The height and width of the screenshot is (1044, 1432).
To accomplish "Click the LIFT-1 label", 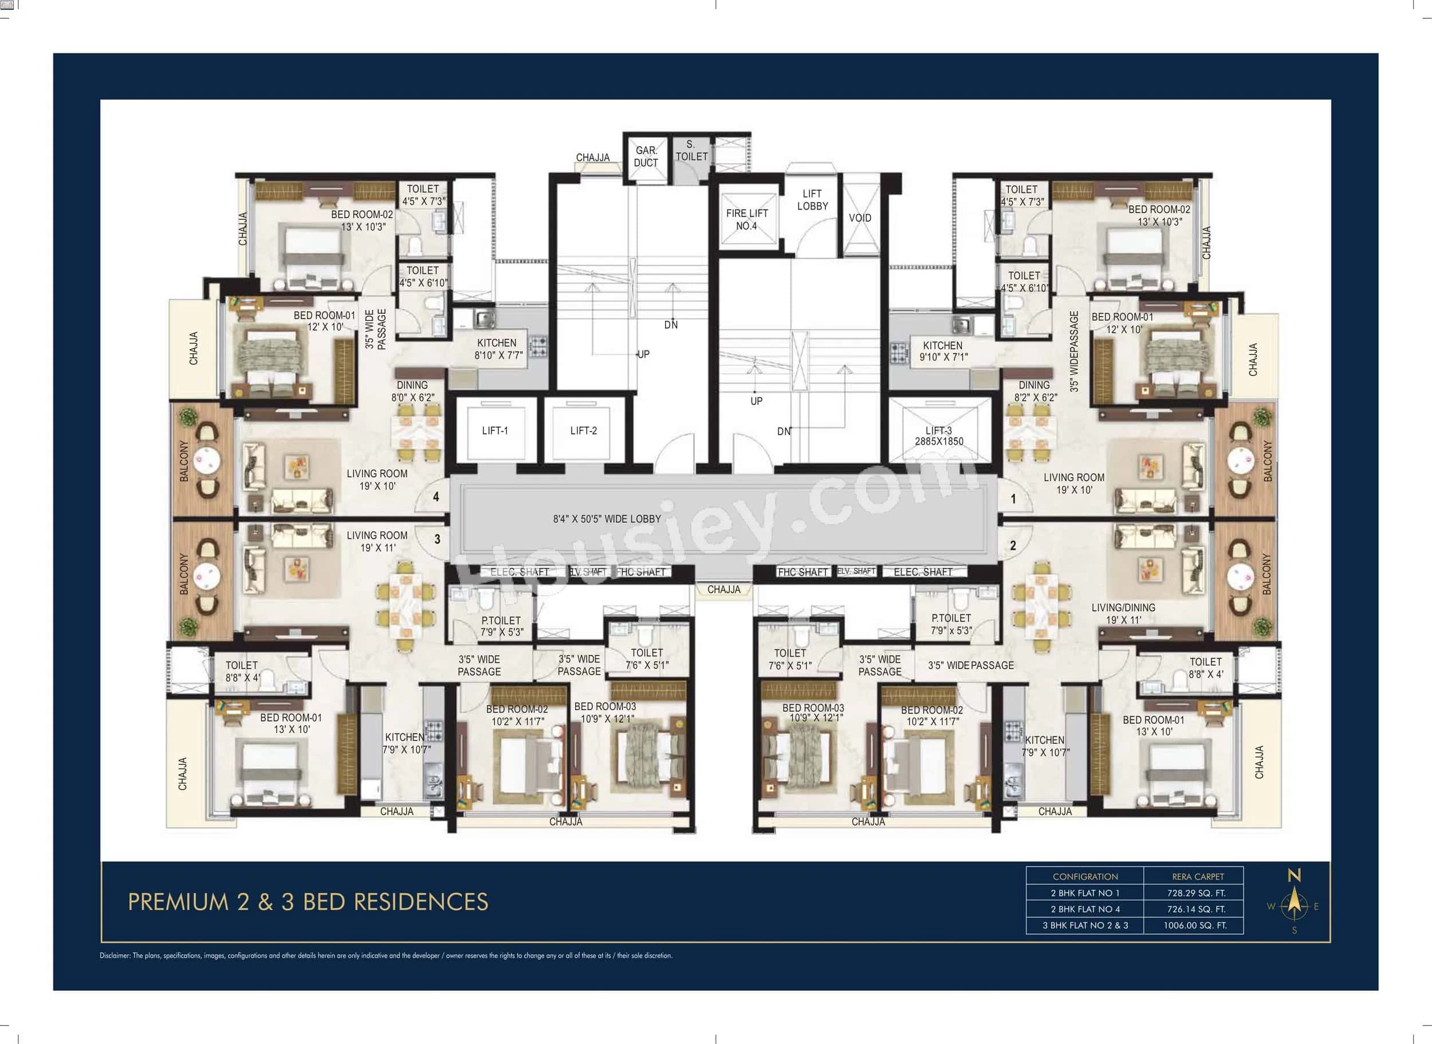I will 495,430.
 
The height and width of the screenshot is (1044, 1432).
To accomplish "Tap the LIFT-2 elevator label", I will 583,430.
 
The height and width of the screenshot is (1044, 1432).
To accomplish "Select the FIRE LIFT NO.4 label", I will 746,219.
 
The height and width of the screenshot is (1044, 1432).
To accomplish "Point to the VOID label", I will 859,218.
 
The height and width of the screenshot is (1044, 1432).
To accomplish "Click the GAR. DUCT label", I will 646,156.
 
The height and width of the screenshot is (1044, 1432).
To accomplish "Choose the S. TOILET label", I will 691,151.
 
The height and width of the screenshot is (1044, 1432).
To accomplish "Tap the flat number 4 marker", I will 436,497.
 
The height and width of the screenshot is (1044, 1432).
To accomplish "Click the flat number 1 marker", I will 1013,499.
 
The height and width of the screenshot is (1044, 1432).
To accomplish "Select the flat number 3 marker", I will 436,539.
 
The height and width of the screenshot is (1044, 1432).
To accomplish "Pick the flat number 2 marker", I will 1013,545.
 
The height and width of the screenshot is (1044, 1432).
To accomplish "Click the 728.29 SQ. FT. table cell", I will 1196,893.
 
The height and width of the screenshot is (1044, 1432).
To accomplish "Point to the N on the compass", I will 1294,875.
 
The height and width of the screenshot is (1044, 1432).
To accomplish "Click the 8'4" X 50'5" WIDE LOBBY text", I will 607,519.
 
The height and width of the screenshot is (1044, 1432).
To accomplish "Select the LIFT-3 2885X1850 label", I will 939,436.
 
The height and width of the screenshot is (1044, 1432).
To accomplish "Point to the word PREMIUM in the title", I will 178,902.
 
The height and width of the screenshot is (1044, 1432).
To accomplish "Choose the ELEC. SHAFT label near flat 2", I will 923,572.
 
